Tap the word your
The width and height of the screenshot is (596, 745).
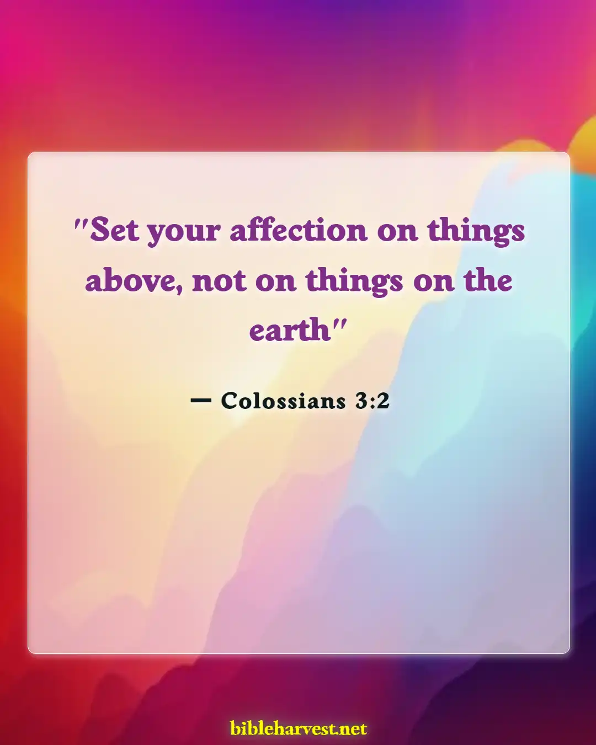183,232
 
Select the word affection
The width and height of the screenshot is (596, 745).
298,230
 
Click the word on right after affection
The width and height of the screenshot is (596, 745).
397,232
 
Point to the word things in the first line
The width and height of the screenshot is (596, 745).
476,232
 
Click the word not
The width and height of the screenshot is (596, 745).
219,281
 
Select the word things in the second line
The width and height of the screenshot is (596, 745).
354,282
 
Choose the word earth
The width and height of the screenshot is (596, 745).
289,331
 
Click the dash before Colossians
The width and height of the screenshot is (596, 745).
200,401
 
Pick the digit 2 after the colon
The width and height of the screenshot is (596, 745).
384,401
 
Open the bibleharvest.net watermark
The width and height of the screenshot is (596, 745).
299,728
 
